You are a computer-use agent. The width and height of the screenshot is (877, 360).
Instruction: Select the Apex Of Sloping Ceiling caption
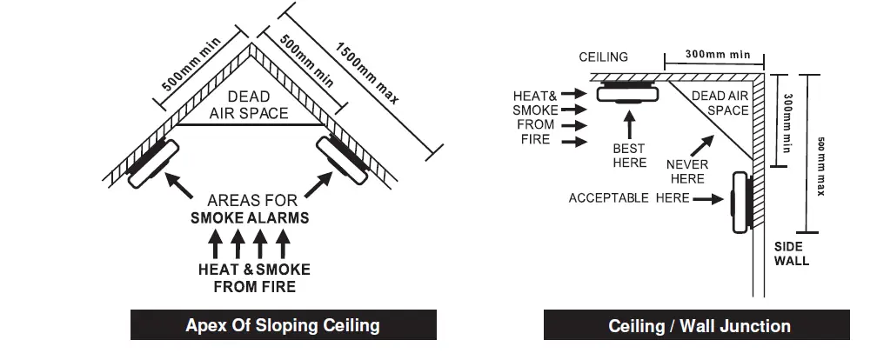click(x=283, y=326)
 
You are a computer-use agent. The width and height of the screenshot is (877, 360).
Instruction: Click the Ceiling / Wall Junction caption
click(x=699, y=326)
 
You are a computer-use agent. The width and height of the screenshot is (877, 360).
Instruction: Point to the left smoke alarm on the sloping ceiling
click(x=153, y=162)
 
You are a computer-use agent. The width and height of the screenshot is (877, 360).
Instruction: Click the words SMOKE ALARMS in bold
click(x=249, y=217)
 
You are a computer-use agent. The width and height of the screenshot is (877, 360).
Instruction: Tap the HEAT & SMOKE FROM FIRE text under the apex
click(x=253, y=278)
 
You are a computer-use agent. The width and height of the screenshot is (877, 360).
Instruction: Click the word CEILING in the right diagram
click(x=603, y=57)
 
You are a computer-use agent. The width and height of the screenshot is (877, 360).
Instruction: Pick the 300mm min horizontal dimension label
click(x=717, y=54)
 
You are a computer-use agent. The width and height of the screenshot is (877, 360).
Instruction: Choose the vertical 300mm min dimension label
click(x=787, y=123)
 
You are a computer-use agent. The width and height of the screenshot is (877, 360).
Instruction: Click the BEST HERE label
click(x=629, y=156)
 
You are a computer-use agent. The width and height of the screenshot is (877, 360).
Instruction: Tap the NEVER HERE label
click(x=687, y=171)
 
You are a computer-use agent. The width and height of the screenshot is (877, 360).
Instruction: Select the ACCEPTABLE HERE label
click(x=628, y=198)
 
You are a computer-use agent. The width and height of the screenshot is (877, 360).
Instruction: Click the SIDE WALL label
click(x=791, y=253)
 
